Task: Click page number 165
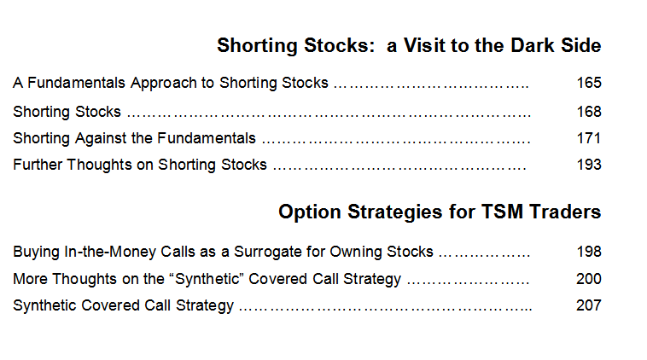[x=589, y=83]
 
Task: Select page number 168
[x=589, y=112]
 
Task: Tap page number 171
[x=588, y=138]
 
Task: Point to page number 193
[x=589, y=165]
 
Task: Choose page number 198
[x=589, y=252]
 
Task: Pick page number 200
[x=589, y=279]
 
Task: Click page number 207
[x=589, y=305]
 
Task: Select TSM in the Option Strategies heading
[x=502, y=212]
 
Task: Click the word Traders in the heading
[x=565, y=212]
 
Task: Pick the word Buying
[x=37, y=253]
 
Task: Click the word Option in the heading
[x=310, y=212]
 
